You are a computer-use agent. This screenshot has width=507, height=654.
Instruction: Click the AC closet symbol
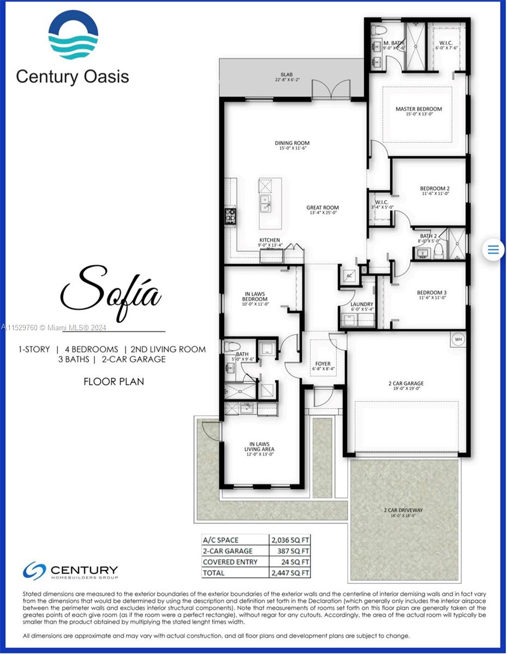pos(349,276)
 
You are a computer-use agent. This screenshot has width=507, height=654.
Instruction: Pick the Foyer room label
pos(323,366)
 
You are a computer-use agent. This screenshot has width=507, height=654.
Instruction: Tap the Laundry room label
pos(362,307)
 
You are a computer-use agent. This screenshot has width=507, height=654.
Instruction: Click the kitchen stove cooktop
pos(230,216)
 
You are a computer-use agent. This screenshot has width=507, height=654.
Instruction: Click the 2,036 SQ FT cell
pos(290,540)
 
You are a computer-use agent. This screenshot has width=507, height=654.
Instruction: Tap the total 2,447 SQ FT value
pos(290,573)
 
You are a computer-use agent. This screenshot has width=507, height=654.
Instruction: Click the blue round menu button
pos(493,250)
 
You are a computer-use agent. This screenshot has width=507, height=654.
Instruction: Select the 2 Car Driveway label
pos(403,512)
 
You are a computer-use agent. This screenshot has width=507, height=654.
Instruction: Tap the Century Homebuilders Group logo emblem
pos(34,571)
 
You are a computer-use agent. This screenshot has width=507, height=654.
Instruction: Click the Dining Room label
pos(292,146)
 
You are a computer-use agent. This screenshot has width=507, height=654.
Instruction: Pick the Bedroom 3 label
pos(432,294)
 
